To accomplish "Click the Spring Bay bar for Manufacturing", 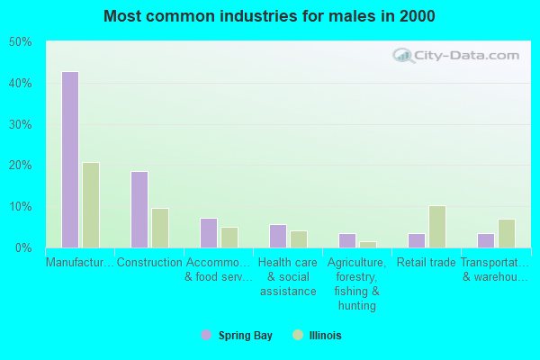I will click(69, 159).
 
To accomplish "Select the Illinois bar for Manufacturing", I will click(91, 205).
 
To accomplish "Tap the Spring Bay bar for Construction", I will click(139, 210).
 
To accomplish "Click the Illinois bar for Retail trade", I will click(437, 227).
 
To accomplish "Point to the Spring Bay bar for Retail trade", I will click(416, 240).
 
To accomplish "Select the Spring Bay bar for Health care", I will click(277, 236).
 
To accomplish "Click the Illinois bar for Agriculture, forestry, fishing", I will click(368, 244).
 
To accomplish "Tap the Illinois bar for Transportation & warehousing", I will click(507, 233).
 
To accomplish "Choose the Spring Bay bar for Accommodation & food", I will click(208, 232).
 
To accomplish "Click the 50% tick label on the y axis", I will click(20, 42).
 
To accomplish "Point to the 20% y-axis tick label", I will click(20, 166).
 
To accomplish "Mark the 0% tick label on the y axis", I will click(23, 247).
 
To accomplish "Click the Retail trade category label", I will click(427, 263).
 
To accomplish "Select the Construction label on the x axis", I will click(149, 263).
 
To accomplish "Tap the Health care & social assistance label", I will click(288, 277).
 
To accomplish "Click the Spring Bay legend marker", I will click(206, 335).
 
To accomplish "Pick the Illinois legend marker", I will click(298, 335).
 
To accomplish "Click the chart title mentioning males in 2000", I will click(269, 16).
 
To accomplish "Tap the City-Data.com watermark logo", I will click(455, 55).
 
